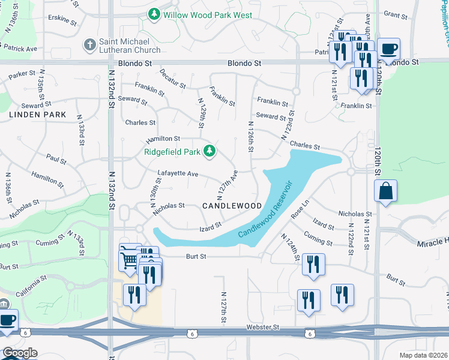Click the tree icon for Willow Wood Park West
(x=154, y=13)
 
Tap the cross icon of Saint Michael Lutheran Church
(x=89, y=44)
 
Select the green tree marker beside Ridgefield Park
(x=209, y=151)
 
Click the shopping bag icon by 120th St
(x=385, y=191)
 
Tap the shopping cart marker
(x=129, y=259)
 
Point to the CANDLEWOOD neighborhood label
(x=232, y=206)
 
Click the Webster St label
(x=263, y=327)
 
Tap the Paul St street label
(x=56, y=160)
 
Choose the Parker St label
(x=22, y=74)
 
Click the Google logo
(x=20, y=353)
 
